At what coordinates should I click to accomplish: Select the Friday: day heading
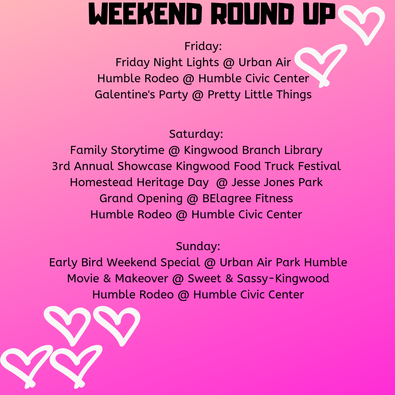pyautogui.click(x=203, y=46)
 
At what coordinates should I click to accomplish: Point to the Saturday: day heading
pyautogui.click(x=196, y=134)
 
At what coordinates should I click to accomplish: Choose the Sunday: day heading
pyautogui.click(x=198, y=246)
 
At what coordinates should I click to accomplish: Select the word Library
pyautogui.click(x=303, y=150)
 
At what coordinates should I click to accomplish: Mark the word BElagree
pyautogui.click(x=224, y=198)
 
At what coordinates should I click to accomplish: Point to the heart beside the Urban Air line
pyautogui.click(x=320, y=64)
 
